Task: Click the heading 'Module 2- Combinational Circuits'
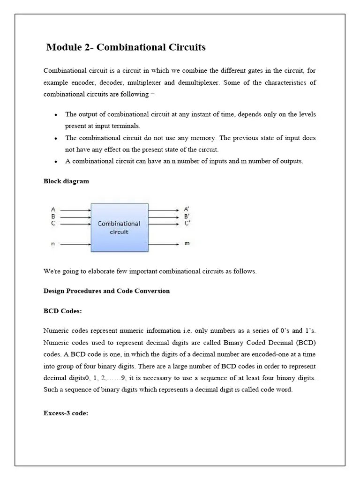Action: (126, 47)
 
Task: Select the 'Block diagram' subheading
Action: (66, 181)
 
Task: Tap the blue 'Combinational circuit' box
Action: (119, 227)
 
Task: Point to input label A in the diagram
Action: (53, 210)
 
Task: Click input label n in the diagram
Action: (53, 244)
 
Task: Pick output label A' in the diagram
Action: (187, 210)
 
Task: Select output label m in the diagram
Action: (187, 244)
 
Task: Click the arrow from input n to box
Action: (75, 244)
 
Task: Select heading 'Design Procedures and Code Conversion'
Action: (106, 291)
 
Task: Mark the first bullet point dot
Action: (56, 115)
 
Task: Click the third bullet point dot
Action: (56, 162)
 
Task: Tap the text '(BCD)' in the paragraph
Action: (306, 343)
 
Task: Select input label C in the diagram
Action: (53, 223)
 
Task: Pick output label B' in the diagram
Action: (187, 217)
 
